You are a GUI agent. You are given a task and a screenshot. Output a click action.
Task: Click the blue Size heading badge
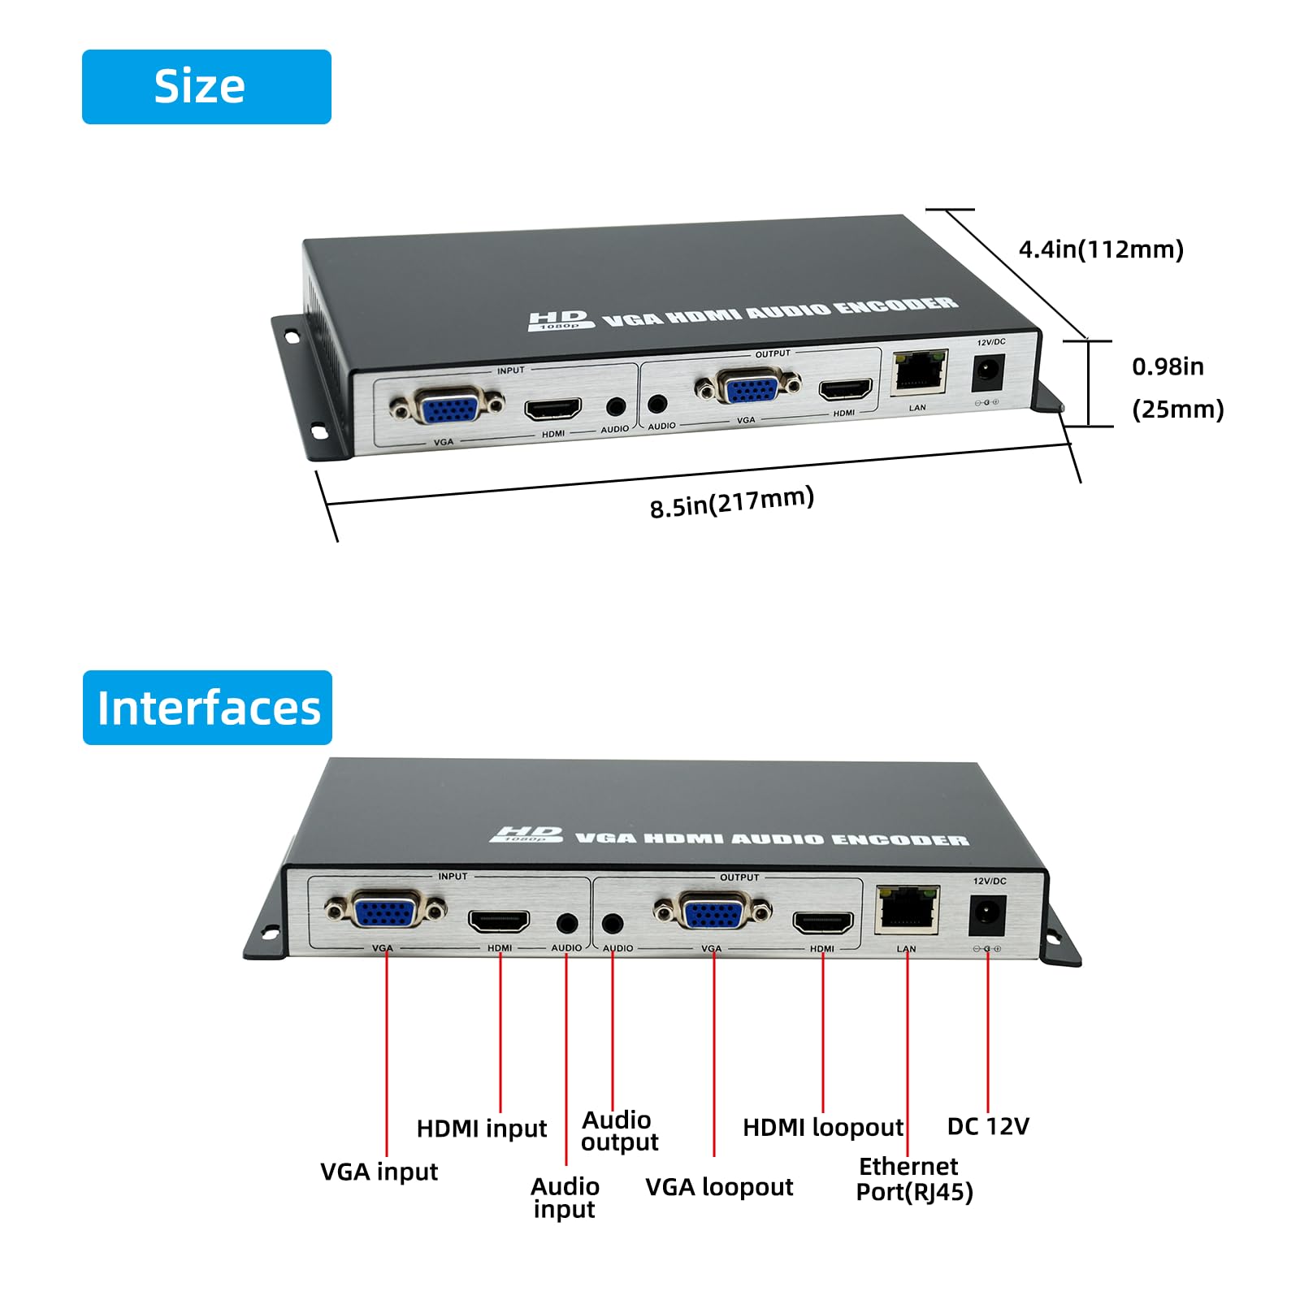(x=206, y=87)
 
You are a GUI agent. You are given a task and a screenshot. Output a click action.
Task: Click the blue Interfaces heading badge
(x=207, y=708)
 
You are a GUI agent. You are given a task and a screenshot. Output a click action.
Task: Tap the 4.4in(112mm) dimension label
(x=1101, y=249)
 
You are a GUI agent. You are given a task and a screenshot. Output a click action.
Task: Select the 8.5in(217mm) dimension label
(x=731, y=501)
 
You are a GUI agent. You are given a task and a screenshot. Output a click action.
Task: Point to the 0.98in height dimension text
(x=1168, y=367)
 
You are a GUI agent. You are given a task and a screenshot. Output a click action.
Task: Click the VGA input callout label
(x=379, y=1172)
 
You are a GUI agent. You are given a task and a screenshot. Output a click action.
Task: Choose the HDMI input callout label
(x=482, y=1129)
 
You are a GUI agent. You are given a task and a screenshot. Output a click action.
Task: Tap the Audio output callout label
(x=619, y=1131)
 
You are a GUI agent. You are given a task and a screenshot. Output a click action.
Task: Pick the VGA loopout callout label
(x=719, y=1187)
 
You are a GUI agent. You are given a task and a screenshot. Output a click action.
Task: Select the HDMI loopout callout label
(x=823, y=1128)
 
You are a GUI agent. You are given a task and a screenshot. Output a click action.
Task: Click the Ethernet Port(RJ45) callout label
(x=913, y=1180)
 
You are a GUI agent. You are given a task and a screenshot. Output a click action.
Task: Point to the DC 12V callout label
(x=988, y=1126)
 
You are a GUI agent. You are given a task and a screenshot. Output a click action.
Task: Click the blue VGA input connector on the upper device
(x=446, y=405)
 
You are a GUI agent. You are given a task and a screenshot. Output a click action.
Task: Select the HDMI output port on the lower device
(x=823, y=923)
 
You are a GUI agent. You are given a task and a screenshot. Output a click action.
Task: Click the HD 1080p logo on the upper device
(x=559, y=320)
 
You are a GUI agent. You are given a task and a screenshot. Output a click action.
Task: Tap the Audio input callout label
(x=565, y=1198)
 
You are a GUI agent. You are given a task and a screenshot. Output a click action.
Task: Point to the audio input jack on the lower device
(x=567, y=923)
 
